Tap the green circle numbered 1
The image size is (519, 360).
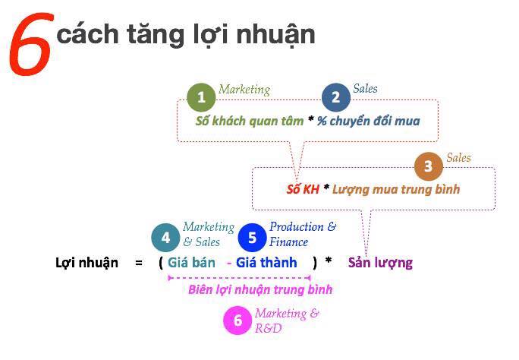pos(201,98)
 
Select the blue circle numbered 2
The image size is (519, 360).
pos(335,97)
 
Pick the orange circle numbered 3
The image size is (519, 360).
pos(429,167)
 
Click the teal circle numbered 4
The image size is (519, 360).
pos(165,238)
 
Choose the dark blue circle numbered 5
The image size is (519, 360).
pos(252,238)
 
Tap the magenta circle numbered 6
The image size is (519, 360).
pos(237,321)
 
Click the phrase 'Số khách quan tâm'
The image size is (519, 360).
pos(249,121)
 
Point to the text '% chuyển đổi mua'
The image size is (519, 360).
pos(369,121)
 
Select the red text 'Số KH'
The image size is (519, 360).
pos(303,189)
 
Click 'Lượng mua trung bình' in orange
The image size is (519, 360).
pos(396,189)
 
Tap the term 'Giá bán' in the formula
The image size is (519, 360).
pos(191,264)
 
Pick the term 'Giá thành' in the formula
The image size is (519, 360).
pos(266,264)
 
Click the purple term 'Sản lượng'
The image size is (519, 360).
pos(380,264)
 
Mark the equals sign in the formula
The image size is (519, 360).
pos(139,264)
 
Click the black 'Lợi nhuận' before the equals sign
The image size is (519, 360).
pos(87,264)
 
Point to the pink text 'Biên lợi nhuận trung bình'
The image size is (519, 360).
pos(260,289)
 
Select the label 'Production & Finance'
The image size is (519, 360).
pos(301,235)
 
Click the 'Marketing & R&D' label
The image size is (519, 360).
pos(286,321)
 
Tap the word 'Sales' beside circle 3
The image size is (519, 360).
pos(458,158)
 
